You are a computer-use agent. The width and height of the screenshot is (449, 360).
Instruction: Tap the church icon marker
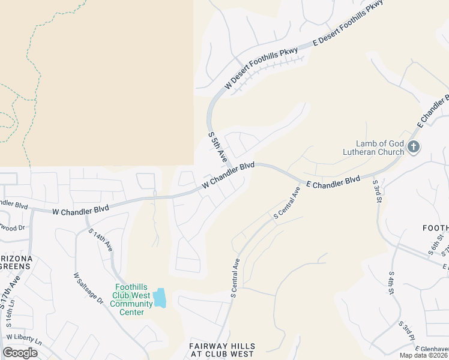413,146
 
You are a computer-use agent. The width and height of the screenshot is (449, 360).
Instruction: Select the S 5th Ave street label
217,146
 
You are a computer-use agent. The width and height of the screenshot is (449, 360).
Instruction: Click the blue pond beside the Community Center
159,298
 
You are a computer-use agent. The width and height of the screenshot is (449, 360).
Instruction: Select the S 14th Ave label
100,239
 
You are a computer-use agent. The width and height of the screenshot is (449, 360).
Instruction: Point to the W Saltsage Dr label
88,289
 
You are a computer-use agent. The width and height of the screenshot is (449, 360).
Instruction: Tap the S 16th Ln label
11,318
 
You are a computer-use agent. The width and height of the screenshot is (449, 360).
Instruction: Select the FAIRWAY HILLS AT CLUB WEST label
221,350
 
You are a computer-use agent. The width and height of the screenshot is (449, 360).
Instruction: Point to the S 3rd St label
377,190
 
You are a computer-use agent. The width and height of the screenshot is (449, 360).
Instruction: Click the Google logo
20,353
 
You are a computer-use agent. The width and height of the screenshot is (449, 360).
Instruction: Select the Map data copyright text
424,355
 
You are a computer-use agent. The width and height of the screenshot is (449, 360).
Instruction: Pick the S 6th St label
433,245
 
